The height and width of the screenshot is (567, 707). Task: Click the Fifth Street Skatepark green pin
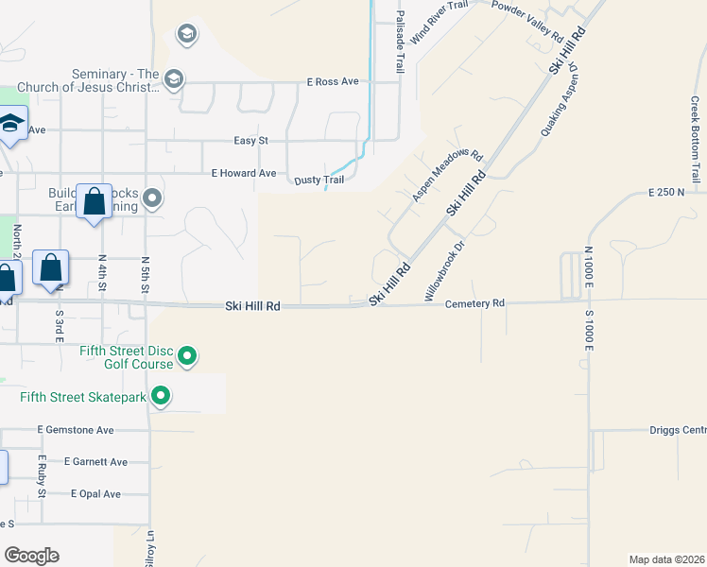tap(161, 397)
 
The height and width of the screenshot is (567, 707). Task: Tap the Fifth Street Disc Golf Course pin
tap(187, 356)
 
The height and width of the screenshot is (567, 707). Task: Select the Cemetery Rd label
tap(474, 303)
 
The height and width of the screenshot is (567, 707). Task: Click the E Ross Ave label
tap(333, 82)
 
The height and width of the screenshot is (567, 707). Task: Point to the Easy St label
tap(250, 141)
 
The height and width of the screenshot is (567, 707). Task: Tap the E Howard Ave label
tap(243, 173)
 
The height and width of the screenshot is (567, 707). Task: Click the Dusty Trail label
tap(319, 180)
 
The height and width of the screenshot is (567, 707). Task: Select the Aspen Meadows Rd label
tap(448, 177)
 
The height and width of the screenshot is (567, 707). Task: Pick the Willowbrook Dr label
tap(445, 270)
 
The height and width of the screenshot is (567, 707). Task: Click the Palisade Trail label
tap(401, 43)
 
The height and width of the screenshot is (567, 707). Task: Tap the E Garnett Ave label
tap(95, 462)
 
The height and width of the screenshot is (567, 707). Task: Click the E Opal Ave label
tap(96, 493)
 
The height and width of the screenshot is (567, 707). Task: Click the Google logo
tap(32, 556)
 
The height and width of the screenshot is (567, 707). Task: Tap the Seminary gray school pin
tap(173, 78)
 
